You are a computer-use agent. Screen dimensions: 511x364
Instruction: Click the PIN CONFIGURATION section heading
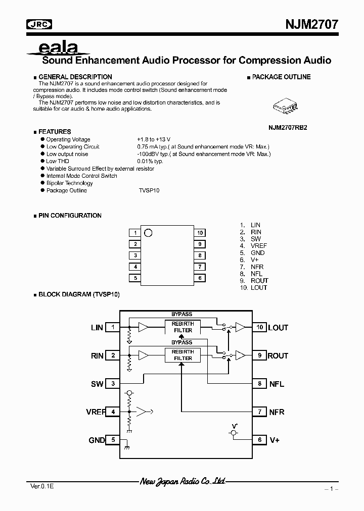tap(70, 216)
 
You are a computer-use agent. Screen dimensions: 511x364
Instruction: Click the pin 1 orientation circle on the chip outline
tap(148, 232)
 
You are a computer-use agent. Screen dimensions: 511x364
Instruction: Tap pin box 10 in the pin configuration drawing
tap(200, 233)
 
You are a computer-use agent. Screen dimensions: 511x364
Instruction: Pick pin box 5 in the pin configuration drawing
tap(135, 278)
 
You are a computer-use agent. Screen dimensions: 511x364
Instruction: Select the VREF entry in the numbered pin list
tap(258, 246)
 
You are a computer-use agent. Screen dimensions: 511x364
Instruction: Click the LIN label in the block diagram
tap(97, 328)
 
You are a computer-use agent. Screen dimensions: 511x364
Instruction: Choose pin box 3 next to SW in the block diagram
tap(113, 384)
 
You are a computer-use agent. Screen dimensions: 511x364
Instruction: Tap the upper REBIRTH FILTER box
tap(183, 327)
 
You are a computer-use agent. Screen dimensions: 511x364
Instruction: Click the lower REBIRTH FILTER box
tap(183, 355)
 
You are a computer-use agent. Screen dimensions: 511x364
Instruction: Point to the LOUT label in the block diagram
tap(278, 328)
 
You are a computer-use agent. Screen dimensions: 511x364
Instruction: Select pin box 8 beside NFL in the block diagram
tap(259, 384)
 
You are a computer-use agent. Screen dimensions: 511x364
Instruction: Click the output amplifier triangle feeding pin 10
tap(240, 327)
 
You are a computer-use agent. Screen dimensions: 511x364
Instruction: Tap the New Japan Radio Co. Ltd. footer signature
tap(183, 482)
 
